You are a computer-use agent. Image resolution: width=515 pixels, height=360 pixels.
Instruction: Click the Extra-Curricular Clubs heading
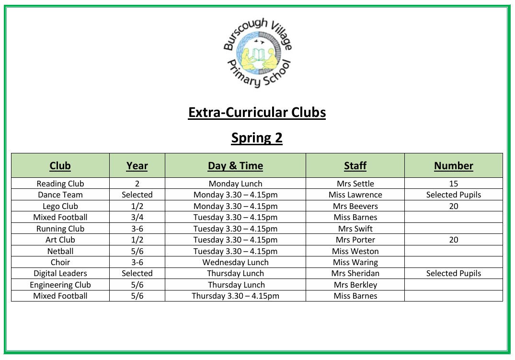(257, 113)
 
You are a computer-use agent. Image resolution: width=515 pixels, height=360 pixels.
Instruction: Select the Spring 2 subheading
(257, 138)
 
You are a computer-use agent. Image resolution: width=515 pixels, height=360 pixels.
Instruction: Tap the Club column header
(60, 166)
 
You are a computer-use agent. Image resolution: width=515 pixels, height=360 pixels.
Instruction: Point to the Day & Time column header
(235, 166)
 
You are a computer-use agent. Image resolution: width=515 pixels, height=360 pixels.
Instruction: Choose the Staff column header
(355, 166)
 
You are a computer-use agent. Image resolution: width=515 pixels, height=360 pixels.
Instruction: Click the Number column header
(453, 166)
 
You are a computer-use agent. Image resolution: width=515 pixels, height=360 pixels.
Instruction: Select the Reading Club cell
(60, 184)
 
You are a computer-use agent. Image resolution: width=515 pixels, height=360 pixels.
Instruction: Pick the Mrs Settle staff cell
(355, 184)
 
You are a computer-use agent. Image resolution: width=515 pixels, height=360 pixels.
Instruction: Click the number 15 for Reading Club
(453, 184)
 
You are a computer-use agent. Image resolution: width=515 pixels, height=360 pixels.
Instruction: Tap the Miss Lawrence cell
(355, 195)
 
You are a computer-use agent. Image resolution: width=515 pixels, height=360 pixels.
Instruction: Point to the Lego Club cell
(60, 206)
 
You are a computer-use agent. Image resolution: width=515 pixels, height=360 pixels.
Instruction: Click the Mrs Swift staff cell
(355, 229)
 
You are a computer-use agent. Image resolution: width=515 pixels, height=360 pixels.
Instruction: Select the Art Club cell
(60, 240)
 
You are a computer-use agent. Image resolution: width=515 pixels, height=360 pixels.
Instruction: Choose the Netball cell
(60, 251)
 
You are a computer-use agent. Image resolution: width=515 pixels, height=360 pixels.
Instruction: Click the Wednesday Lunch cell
(235, 262)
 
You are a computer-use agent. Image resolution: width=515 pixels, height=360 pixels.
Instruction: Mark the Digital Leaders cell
(60, 273)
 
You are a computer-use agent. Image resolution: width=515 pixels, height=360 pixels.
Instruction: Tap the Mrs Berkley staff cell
(355, 285)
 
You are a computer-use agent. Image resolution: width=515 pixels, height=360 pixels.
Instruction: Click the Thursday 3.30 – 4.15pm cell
(235, 296)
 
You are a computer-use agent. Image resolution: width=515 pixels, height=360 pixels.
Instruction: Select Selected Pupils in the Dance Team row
(453, 195)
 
